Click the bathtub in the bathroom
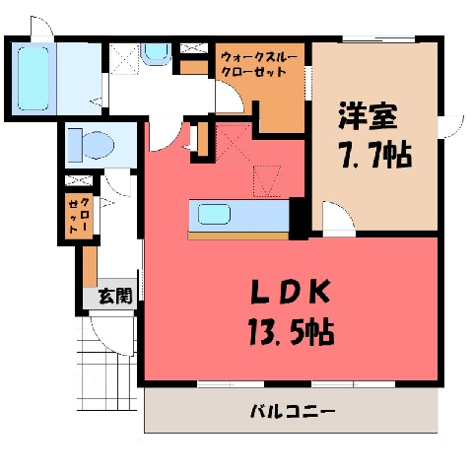[x=33, y=79]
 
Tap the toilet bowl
[x=97, y=145]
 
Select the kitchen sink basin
[x=214, y=214]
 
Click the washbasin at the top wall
[x=157, y=53]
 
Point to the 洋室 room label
[x=369, y=116]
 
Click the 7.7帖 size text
[x=375, y=154]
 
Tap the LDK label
[x=290, y=292]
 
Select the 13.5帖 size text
[x=292, y=332]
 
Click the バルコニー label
[x=293, y=411]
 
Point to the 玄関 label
[x=115, y=296]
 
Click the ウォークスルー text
[x=259, y=57]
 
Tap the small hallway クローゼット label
[x=79, y=215]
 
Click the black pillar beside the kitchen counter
[x=299, y=219]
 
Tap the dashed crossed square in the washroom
[x=124, y=59]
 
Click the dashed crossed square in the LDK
[x=233, y=143]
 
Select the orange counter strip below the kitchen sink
[x=238, y=236]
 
